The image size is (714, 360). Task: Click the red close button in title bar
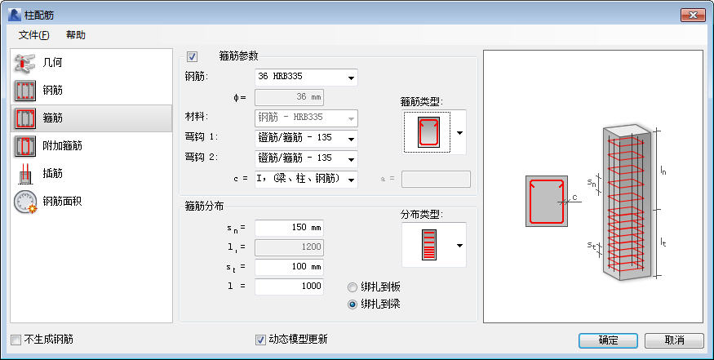click(693, 15)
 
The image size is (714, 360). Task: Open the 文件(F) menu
click(33, 35)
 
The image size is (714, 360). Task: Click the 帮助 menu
click(76, 35)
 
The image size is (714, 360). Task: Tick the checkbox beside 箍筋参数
click(192, 57)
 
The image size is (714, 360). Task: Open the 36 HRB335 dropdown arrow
click(351, 78)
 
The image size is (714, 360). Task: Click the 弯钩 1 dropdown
click(306, 139)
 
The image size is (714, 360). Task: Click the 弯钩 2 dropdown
click(306, 159)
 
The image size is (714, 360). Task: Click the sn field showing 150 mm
click(289, 228)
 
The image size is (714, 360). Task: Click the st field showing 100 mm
click(289, 267)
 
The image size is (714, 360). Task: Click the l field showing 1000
click(289, 287)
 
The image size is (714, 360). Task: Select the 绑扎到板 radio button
click(353, 287)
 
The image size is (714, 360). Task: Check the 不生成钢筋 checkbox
click(16, 340)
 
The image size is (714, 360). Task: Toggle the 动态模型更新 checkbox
click(260, 340)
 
